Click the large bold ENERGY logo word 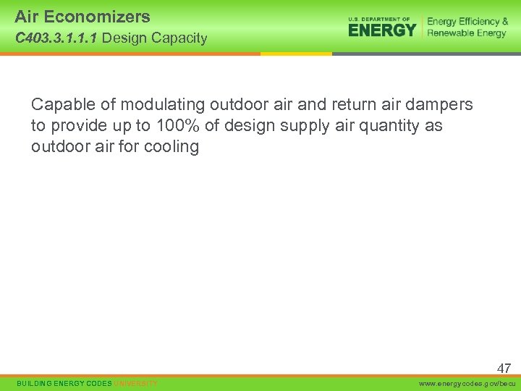click(x=382, y=30)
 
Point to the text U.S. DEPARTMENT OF click(x=379, y=19)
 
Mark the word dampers click(x=442, y=105)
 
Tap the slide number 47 click(x=504, y=368)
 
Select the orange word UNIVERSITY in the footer click(x=135, y=383)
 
